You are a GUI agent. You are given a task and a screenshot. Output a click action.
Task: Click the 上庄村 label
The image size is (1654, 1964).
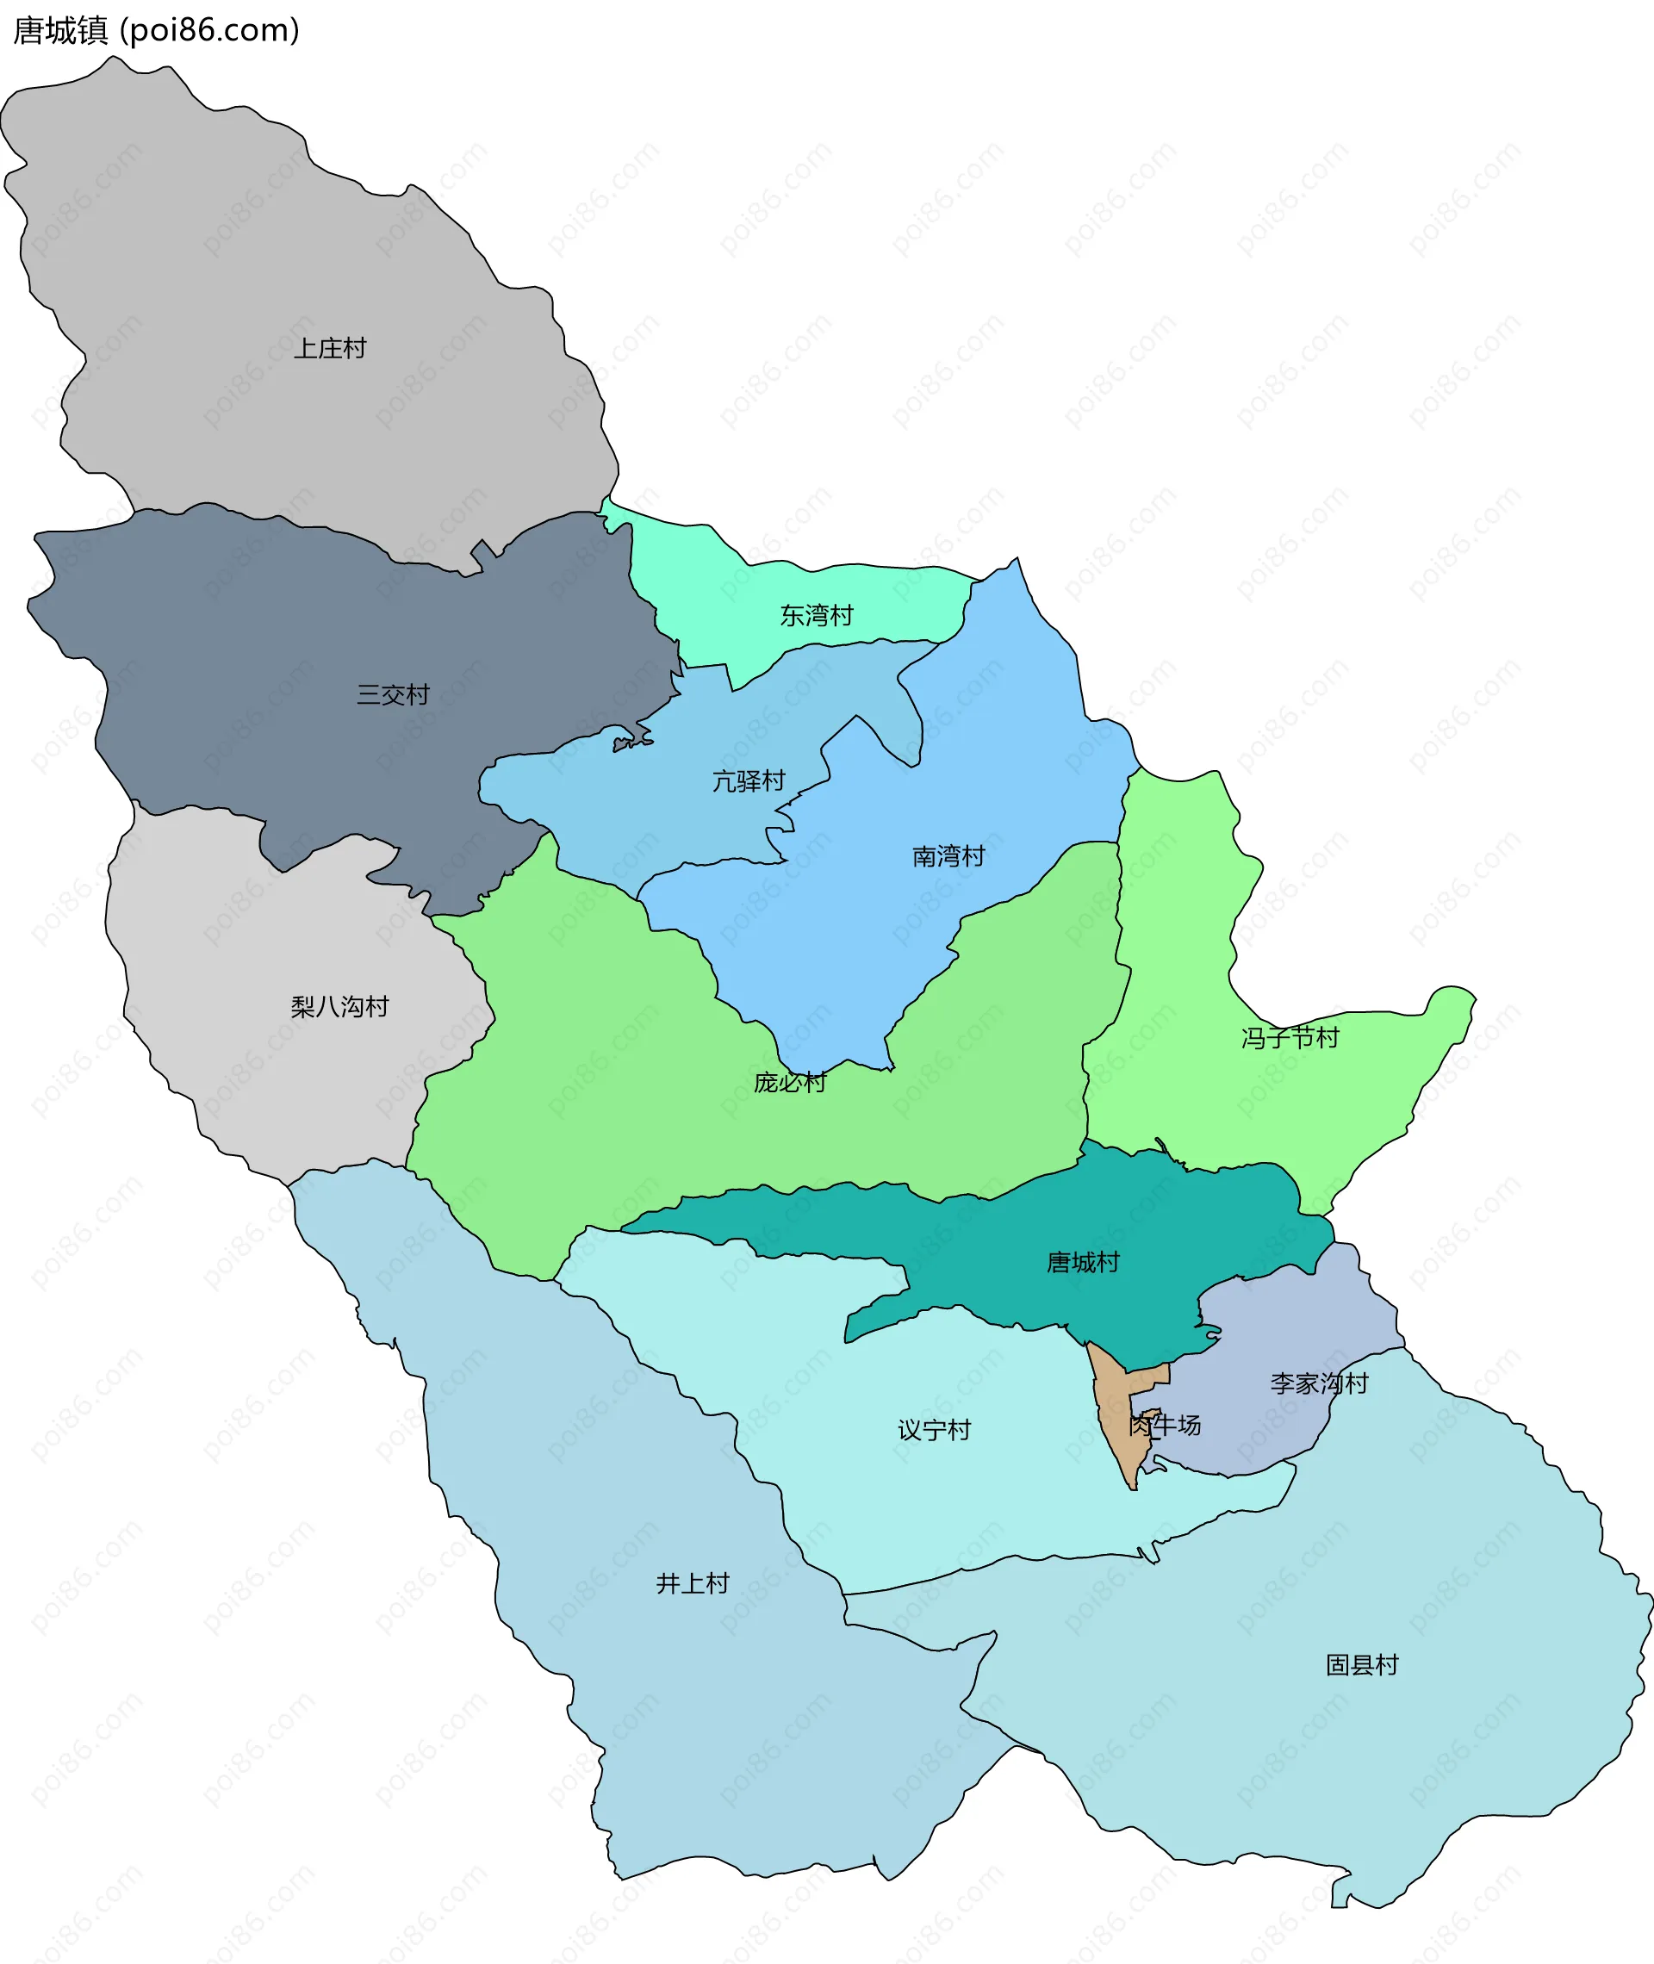click(330, 349)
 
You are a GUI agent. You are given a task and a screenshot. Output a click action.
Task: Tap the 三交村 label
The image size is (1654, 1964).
click(393, 694)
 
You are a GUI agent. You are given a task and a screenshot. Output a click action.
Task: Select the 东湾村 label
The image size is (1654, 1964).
click(817, 616)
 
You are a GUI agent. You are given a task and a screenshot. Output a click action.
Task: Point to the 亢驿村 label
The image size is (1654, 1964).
click(749, 781)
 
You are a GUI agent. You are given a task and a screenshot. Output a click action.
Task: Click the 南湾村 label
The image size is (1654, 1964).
click(948, 856)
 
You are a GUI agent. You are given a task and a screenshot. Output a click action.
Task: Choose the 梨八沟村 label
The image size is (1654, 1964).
click(339, 1007)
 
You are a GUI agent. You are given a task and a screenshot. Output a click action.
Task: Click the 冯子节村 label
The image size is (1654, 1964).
click(1290, 1038)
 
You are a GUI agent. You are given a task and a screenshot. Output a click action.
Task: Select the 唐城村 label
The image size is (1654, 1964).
click(1083, 1263)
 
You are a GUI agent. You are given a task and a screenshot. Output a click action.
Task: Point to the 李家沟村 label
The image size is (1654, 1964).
click(1319, 1383)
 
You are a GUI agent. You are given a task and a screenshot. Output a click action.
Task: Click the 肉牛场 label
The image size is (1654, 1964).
click(1166, 1425)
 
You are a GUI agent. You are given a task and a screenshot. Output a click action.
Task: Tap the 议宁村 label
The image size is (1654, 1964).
click(934, 1431)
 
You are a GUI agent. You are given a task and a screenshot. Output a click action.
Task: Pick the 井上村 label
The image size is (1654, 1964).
click(693, 1583)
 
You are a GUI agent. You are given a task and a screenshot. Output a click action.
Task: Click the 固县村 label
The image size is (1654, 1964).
click(1362, 1665)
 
